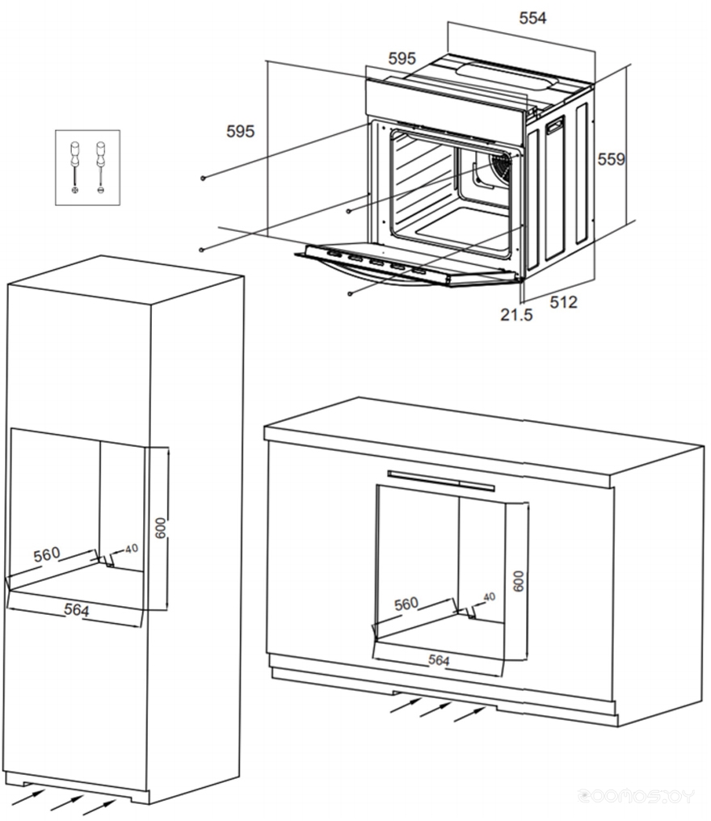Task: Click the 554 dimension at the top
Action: pyautogui.click(x=532, y=19)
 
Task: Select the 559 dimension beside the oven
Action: pyautogui.click(x=611, y=159)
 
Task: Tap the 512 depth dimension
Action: pyautogui.click(x=563, y=301)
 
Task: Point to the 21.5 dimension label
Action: pyautogui.click(x=515, y=315)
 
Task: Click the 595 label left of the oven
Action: pyautogui.click(x=240, y=131)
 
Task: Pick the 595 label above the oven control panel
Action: pyautogui.click(x=402, y=58)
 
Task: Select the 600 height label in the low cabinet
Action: pyautogui.click(x=519, y=581)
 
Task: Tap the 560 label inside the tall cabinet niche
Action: pyautogui.click(x=47, y=554)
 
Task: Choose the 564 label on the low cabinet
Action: pyautogui.click(x=438, y=660)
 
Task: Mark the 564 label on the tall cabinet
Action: pyautogui.click(x=76, y=610)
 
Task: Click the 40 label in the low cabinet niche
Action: pyautogui.click(x=488, y=597)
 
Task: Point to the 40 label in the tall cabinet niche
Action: pyautogui.click(x=131, y=549)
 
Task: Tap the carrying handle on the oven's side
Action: pyautogui.click(x=555, y=126)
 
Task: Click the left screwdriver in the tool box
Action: pyautogui.click(x=75, y=165)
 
